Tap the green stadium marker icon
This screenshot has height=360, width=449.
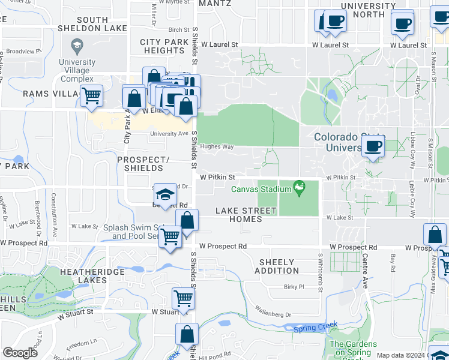(x=299, y=188)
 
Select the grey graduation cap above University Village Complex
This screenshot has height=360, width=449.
(x=77, y=45)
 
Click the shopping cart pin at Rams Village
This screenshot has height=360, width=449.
(x=91, y=95)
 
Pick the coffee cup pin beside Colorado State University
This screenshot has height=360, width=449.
(x=373, y=146)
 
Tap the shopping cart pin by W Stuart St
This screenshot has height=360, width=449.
(x=182, y=298)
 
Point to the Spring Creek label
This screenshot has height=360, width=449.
(x=316, y=327)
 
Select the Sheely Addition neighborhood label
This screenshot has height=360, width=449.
(x=277, y=266)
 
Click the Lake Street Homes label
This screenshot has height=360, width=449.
(x=246, y=215)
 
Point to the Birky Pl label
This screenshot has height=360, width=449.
(x=295, y=287)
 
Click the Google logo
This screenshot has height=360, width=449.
(x=20, y=353)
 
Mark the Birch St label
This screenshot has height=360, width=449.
(x=179, y=29)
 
